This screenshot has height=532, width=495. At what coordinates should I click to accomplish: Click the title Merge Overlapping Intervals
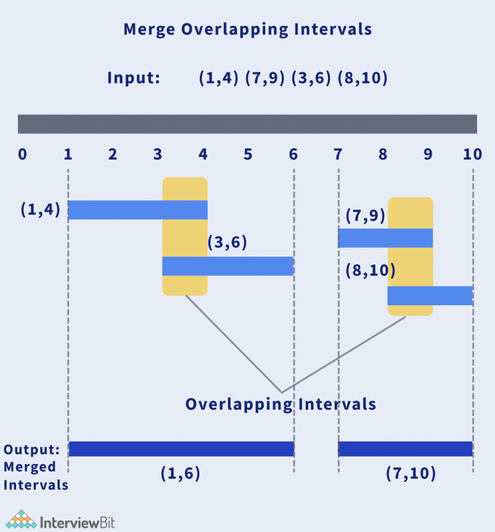click(x=247, y=30)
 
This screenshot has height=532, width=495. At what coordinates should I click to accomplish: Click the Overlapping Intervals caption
click(x=281, y=404)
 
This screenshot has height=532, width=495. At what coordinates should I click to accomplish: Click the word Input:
click(x=134, y=78)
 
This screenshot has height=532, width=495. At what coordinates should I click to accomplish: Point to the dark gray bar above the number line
click(x=247, y=124)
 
